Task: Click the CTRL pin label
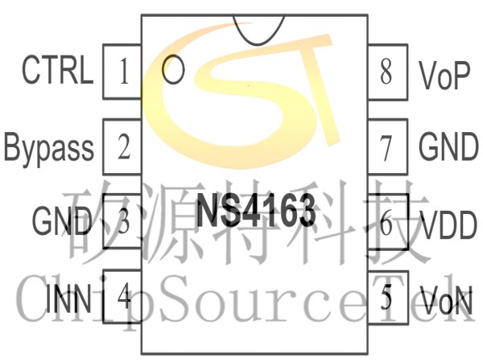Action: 57,72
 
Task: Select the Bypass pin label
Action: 49,148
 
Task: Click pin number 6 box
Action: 387,224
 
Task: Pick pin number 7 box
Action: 387,148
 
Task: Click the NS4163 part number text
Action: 256,212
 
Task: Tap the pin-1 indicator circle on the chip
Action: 172,70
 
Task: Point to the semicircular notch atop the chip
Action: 256,29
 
